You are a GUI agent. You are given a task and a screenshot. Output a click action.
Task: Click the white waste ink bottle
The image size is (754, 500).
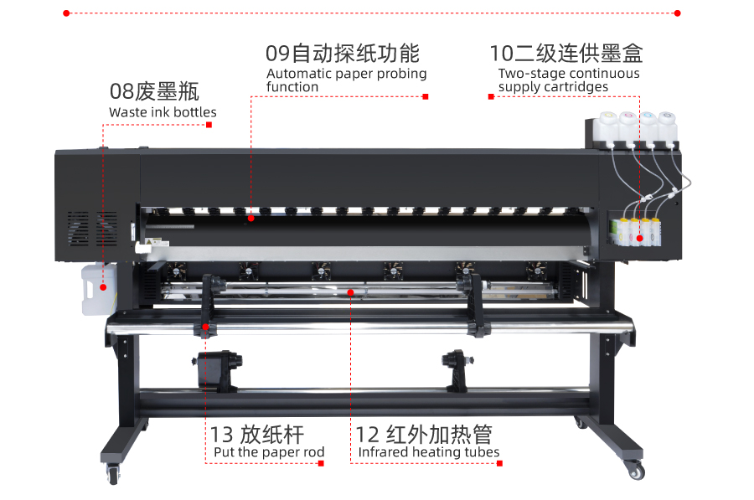point(99,289)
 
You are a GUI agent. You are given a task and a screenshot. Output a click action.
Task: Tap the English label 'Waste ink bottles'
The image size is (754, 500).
point(163,112)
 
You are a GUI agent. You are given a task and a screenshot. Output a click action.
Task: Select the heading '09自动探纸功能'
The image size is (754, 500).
point(343,54)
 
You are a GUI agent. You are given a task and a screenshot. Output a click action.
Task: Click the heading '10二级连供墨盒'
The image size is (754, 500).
point(566,54)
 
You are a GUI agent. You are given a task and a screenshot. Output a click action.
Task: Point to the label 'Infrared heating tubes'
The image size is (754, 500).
point(428,452)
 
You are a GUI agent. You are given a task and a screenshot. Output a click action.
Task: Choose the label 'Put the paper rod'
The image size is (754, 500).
point(269,452)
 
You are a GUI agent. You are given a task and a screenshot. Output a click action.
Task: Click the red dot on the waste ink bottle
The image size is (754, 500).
point(103,287)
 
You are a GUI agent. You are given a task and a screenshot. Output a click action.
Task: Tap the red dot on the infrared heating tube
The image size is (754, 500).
point(350,292)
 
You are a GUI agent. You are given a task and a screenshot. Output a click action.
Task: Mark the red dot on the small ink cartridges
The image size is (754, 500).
point(639,238)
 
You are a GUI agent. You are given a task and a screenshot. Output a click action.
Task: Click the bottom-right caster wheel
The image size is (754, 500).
point(636,471)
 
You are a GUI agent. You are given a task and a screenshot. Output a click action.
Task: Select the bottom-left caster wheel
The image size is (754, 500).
point(113,475)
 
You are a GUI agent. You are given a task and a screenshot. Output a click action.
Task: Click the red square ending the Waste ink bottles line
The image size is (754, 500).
point(209,125)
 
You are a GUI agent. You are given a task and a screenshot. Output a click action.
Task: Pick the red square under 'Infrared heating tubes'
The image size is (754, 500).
point(499,463)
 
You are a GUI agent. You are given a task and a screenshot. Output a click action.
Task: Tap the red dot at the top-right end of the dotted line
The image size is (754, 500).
point(678,13)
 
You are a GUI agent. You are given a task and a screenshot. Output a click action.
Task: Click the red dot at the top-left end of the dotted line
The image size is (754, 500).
point(66,13)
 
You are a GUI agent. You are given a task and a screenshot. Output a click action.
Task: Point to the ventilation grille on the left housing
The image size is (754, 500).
point(92,229)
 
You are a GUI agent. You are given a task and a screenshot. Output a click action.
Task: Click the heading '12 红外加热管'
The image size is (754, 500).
point(424,435)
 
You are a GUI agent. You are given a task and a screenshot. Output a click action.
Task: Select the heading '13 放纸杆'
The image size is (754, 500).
point(257,435)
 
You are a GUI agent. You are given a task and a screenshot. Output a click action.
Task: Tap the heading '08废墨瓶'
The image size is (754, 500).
point(154,91)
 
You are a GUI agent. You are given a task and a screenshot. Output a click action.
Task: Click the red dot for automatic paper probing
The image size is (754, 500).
point(251,219)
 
